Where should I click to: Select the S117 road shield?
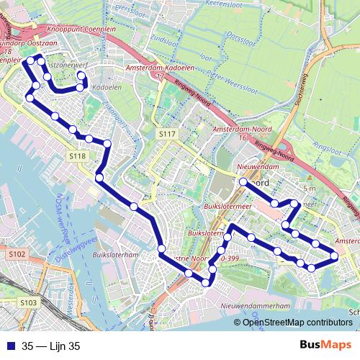tap(167, 135)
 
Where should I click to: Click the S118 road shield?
tap(78, 156)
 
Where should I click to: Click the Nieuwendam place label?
tap(257, 166)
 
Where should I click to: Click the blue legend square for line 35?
tap(11, 346)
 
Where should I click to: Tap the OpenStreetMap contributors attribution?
tap(297, 323)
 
